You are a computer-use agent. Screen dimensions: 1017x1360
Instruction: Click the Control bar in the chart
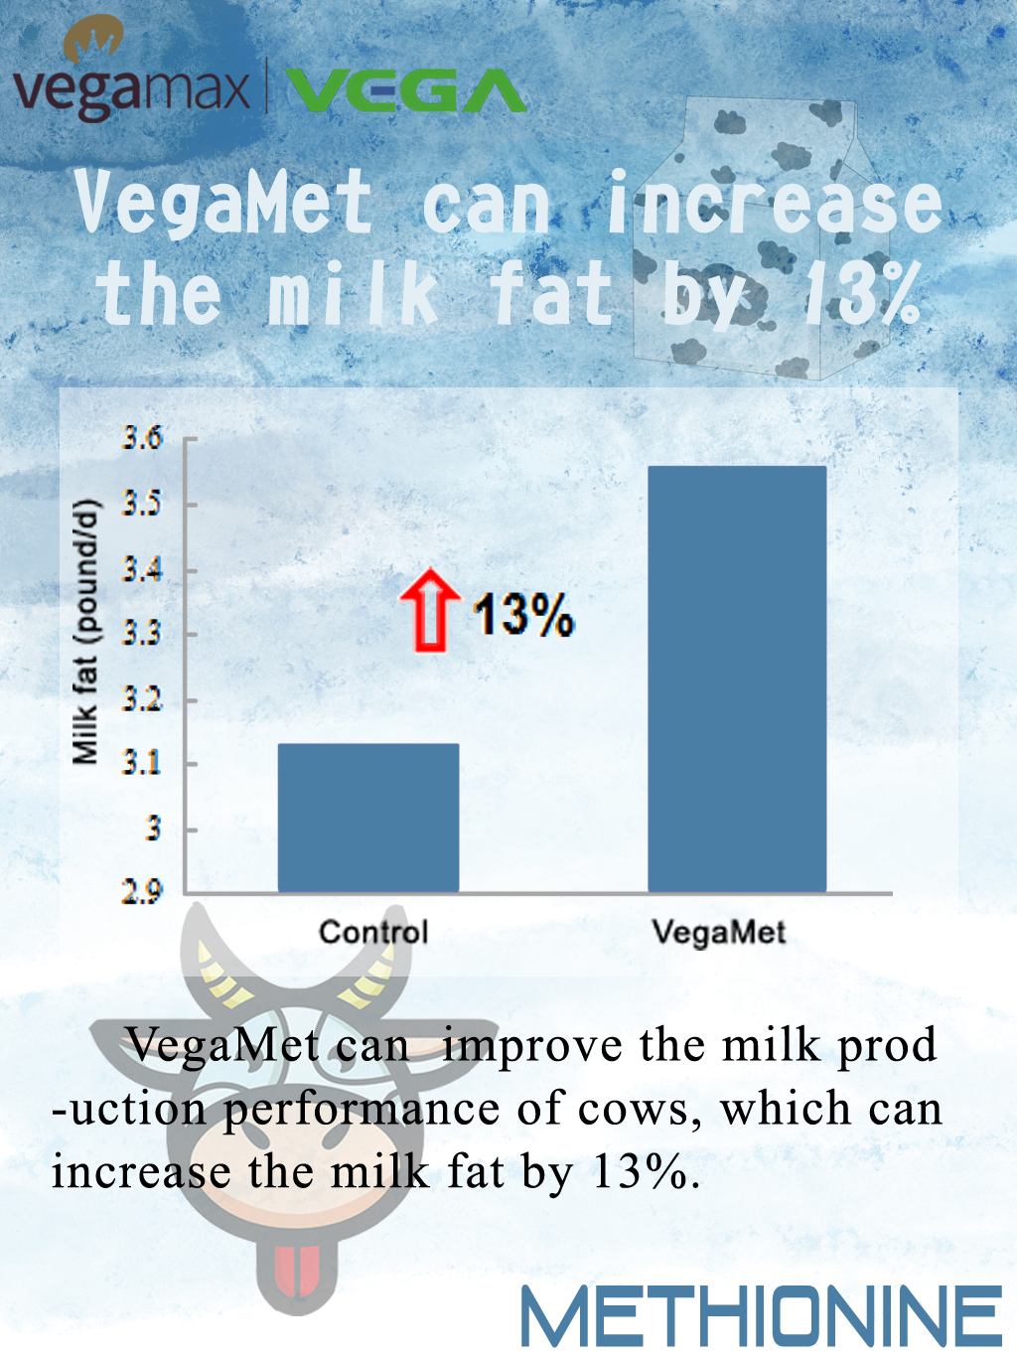tap(368, 818)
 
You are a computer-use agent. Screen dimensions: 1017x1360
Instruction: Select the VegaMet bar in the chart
tap(737, 679)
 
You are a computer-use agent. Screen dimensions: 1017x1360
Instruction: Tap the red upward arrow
tap(430, 610)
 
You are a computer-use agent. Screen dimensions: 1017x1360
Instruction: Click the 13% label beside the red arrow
tap(523, 615)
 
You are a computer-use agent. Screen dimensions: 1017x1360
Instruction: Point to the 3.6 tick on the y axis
tap(142, 438)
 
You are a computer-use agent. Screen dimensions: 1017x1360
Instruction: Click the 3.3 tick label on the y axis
tap(142, 633)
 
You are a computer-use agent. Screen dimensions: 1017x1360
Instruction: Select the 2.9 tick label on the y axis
tap(142, 891)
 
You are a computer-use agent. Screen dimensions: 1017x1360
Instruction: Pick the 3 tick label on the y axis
tap(153, 828)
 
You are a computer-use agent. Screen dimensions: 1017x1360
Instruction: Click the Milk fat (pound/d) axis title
tap(85, 631)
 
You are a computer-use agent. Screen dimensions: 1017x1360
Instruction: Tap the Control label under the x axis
tap(373, 932)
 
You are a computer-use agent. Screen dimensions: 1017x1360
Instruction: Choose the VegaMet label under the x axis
tap(719, 932)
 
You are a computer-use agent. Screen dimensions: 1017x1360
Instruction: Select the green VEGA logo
tap(405, 90)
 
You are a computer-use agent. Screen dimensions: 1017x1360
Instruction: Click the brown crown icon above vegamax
tap(93, 39)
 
